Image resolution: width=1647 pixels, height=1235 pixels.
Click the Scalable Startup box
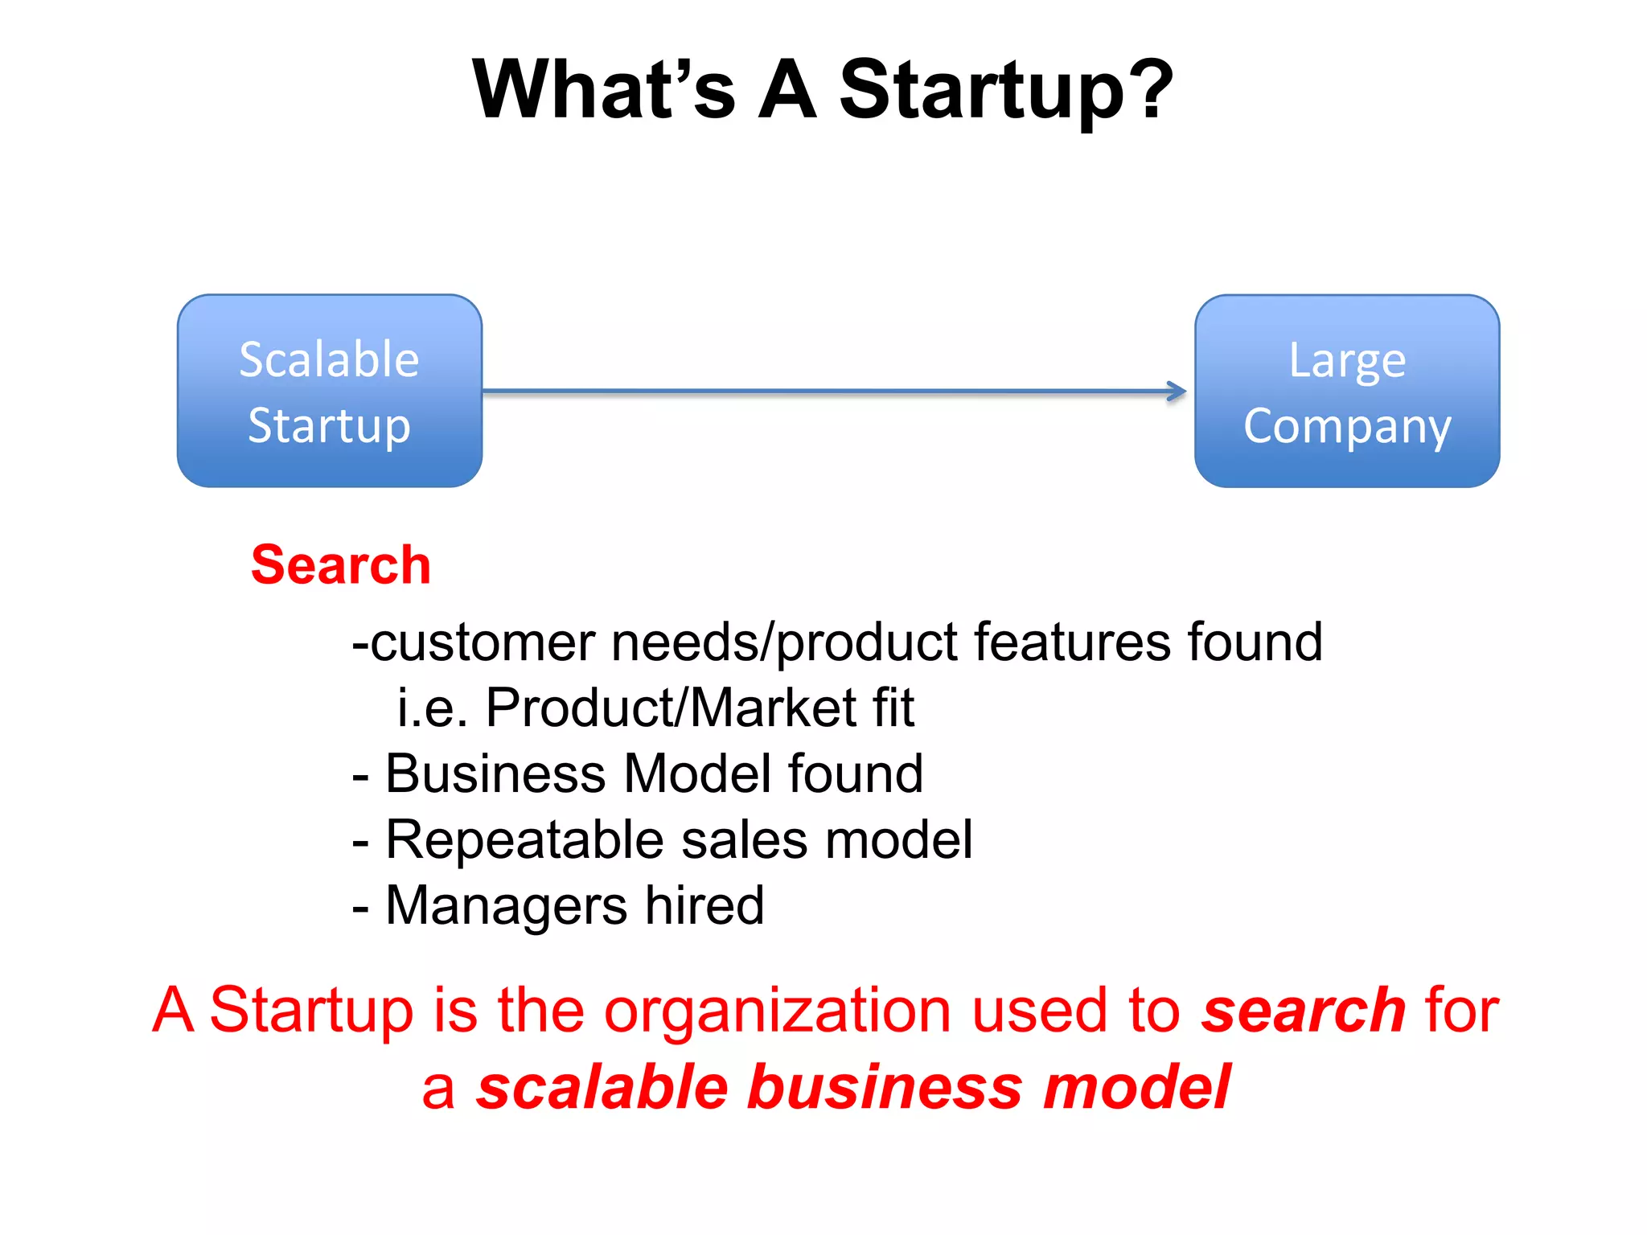330,391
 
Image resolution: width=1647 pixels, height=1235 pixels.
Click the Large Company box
1347,391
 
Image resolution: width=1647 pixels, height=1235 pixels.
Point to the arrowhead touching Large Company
1177,392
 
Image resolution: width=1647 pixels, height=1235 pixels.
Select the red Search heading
341,564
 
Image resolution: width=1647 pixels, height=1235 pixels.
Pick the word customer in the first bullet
483,642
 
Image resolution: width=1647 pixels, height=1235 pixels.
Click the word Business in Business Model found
495,773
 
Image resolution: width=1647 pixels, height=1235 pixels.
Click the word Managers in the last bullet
507,906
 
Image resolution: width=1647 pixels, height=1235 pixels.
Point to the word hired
704,905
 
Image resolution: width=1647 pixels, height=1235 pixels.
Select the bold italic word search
1303,1011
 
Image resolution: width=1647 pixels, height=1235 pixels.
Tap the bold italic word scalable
602,1087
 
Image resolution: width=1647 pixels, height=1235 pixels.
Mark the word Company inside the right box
1347,426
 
